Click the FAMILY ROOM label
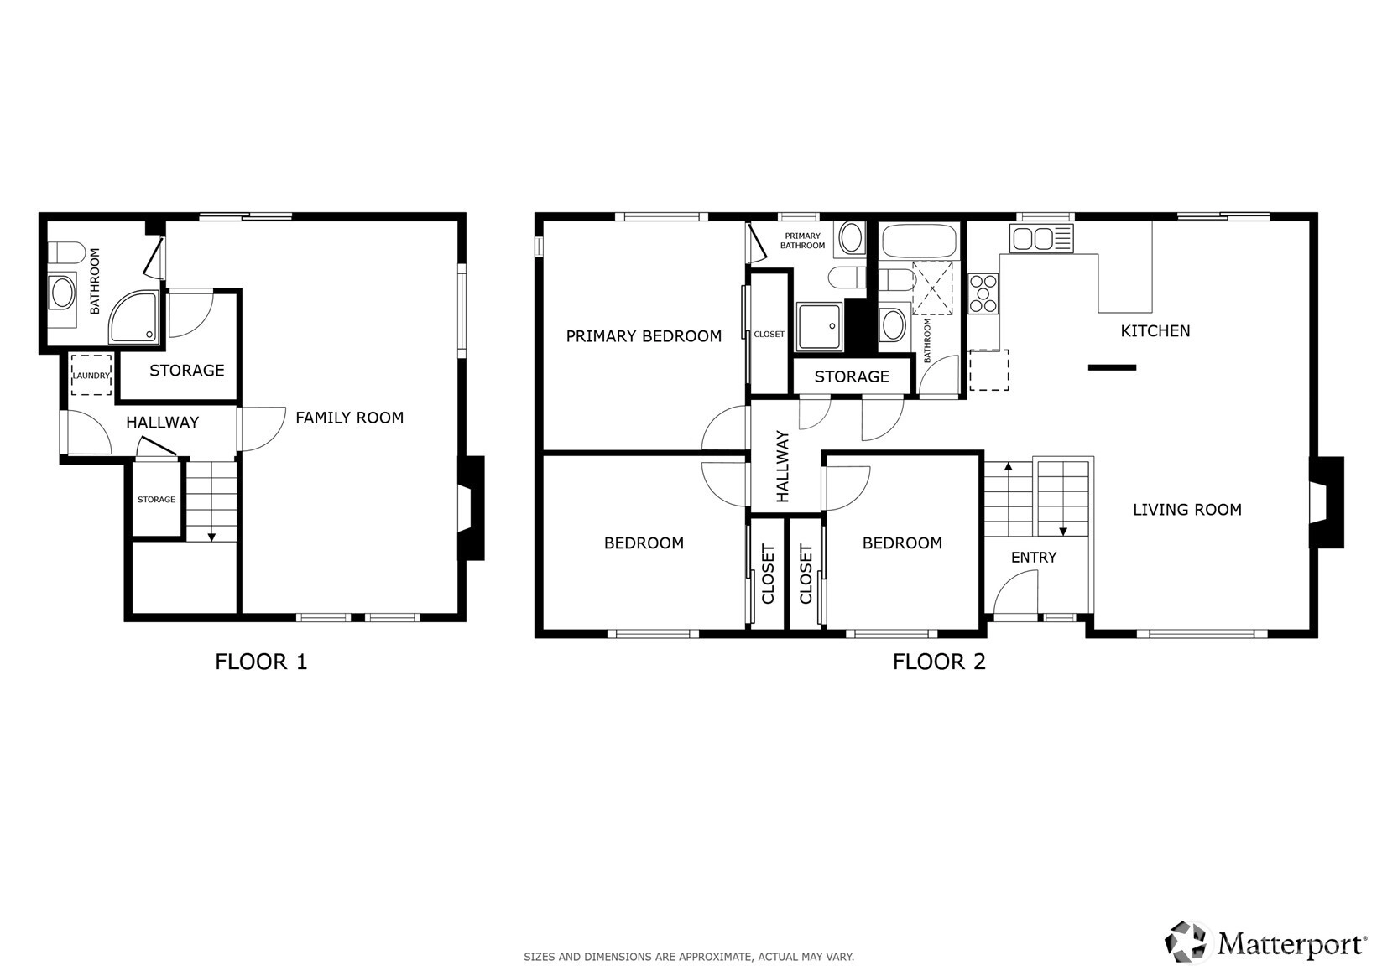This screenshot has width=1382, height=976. tap(349, 418)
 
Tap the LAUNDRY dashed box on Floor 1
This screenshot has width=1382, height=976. tap(91, 375)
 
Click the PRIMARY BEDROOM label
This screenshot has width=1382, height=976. tap(644, 336)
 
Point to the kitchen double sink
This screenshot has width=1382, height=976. tap(1041, 238)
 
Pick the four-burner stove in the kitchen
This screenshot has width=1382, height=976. tap(983, 293)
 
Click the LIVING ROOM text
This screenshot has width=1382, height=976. tap(1187, 510)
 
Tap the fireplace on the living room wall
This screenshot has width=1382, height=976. tap(1326, 502)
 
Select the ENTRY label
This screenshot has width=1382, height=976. tap(1034, 558)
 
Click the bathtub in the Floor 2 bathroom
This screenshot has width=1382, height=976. tap(920, 241)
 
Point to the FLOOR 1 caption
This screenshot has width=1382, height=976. tap(261, 662)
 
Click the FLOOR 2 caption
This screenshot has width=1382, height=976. tap(939, 662)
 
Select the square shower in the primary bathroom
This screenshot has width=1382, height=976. tap(819, 326)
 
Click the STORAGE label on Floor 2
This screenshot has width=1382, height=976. tap(852, 376)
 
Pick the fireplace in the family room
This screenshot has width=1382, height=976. tap(471, 508)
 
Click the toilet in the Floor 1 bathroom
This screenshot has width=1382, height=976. tap(66, 253)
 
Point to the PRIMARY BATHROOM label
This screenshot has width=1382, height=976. tap(802, 241)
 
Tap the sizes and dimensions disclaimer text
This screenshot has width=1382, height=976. tap(689, 957)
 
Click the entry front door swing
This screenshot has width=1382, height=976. tap(1015, 592)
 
